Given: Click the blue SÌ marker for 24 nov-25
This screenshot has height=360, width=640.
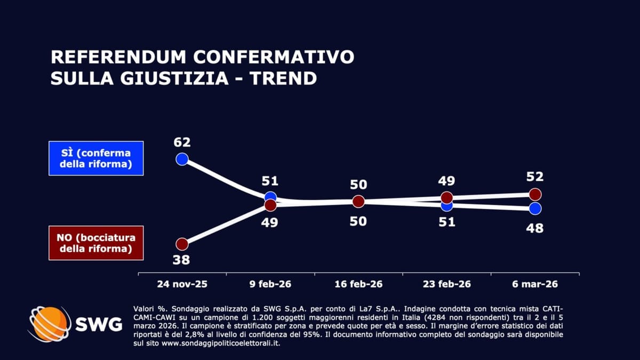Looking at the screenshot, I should point(182,159).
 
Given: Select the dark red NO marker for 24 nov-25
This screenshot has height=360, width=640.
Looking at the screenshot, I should point(182,244).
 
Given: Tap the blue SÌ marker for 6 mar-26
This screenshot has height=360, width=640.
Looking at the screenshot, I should point(535,208).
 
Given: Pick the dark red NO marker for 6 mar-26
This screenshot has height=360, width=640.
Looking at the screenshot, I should point(535,194).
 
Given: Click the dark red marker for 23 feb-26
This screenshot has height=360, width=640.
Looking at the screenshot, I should point(447,198).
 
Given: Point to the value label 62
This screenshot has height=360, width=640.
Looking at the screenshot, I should point(182,142).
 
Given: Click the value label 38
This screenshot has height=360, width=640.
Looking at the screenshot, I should point(182,260).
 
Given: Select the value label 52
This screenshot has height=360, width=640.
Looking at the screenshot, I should point(535,177).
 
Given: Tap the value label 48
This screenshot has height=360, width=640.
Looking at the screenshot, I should point(535,228).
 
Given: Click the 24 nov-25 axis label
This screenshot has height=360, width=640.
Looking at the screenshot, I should point(182,284).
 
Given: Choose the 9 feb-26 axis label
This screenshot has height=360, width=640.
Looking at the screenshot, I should point(270,284).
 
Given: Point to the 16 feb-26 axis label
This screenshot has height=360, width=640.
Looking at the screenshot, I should point(358,284).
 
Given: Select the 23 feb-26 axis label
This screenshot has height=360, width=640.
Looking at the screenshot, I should point(447,284).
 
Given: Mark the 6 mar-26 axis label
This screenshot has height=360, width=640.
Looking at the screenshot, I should point(535,284).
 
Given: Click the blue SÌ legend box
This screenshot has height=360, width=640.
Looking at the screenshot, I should point(96,158).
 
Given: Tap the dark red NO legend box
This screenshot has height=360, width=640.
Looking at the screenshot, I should point(96,243).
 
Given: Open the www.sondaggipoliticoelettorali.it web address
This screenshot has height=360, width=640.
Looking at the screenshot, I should point(221,343).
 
